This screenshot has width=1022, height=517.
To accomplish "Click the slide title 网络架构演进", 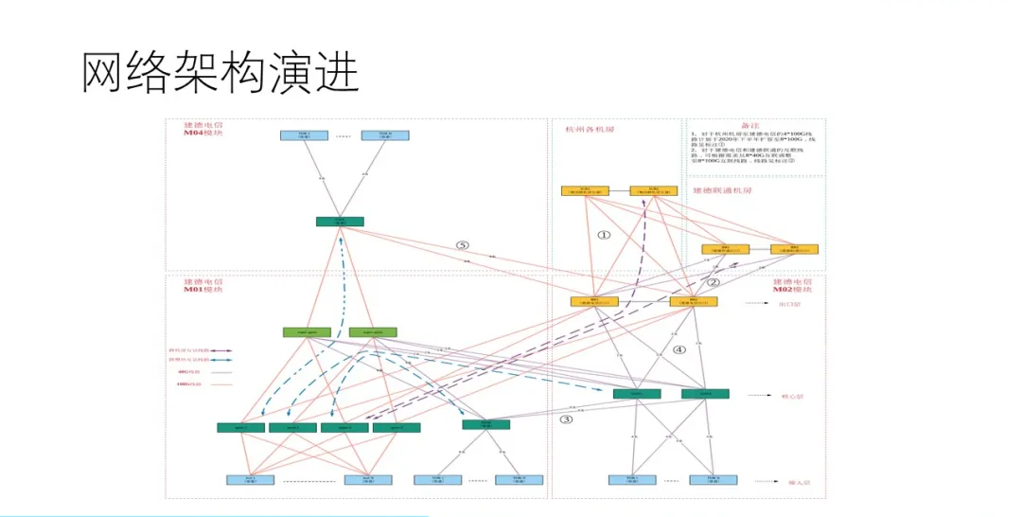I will click(x=220, y=73).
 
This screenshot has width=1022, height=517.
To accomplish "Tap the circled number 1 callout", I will click(x=605, y=234).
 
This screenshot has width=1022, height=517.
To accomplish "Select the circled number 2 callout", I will click(x=714, y=281).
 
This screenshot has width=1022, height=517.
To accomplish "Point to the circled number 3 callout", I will click(x=566, y=419).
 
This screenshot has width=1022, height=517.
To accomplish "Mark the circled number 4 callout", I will click(x=678, y=349).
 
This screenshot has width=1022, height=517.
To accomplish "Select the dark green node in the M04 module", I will click(x=340, y=222).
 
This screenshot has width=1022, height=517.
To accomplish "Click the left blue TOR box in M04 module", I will click(x=304, y=135).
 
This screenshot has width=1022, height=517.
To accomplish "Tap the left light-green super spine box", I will click(x=307, y=332).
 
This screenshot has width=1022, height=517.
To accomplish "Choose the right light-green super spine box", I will click(x=373, y=332).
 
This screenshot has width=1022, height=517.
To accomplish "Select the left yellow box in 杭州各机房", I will click(x=585, y=191).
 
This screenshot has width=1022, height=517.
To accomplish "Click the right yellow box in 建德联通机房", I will click(x=794, y=250).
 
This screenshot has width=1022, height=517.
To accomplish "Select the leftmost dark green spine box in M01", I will click(x=240, y=428).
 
